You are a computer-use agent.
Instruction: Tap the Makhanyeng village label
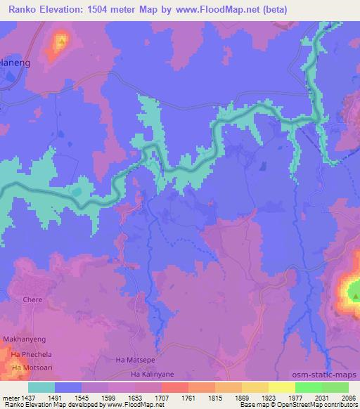pyautogui.click(x=25, y=339)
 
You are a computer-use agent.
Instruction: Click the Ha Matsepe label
pyautogui.click(x=133, y=360)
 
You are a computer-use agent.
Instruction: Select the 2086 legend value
pyautogui.click(x=348, y=397)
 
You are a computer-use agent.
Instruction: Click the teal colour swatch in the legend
pyautogui.click(x=41, y=387)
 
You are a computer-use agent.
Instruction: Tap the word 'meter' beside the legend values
pyautogui.click(x=13, y=397)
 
